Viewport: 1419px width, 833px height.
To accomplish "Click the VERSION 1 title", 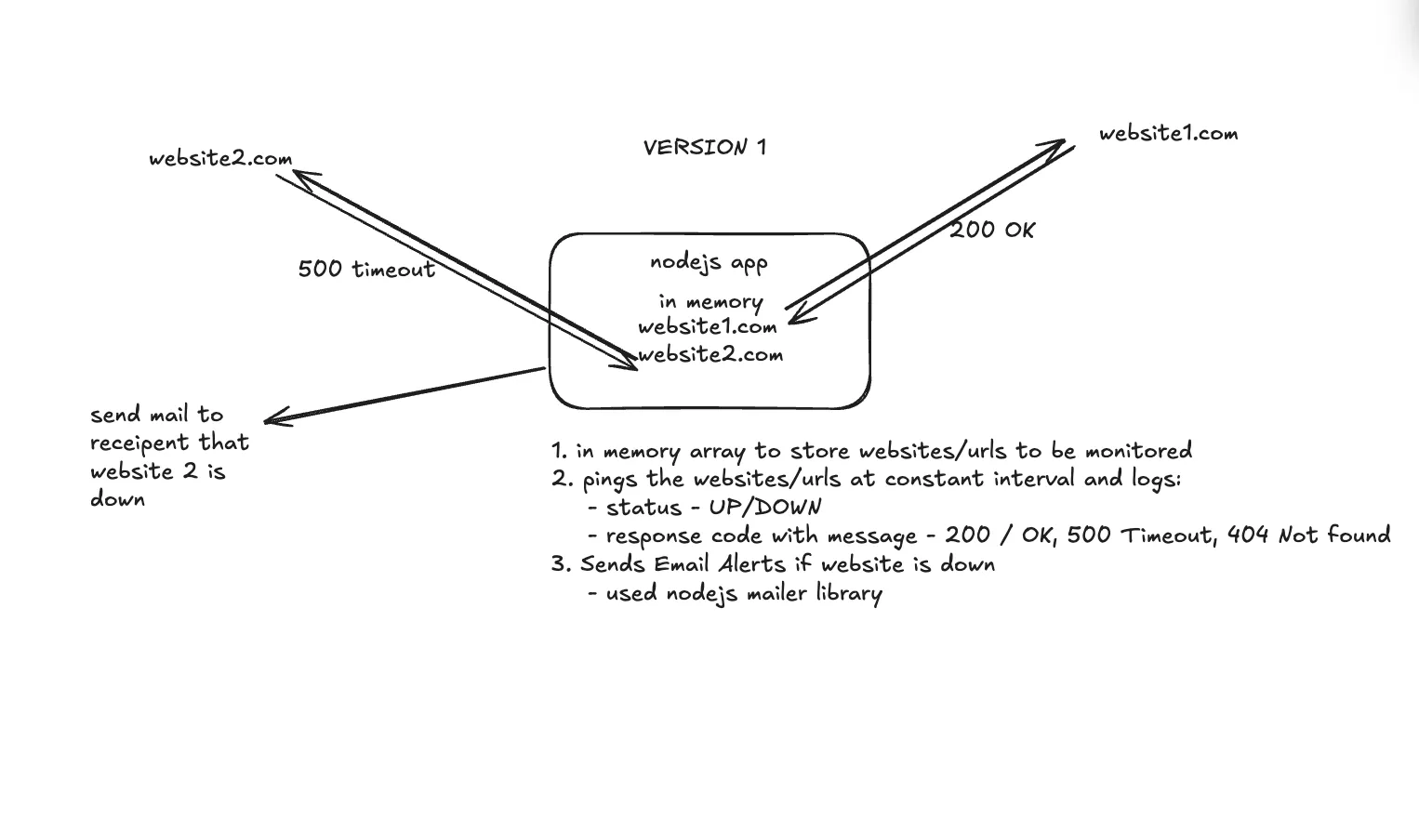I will point(704,147).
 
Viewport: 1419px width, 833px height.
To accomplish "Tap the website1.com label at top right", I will point(1168,133).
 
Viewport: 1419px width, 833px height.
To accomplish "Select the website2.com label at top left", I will point(220,158).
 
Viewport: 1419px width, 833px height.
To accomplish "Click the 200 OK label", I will point(991,230).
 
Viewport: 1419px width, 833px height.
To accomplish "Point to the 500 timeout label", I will point(366,269).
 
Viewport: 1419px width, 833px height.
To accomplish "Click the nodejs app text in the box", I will point(709,262).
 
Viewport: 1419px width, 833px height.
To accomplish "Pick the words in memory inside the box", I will point(710,301).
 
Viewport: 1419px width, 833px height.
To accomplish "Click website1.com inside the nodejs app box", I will point(707,326).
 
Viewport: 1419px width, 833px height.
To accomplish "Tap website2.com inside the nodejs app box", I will point(710,354).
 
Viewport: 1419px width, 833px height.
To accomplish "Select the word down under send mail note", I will point(117,499).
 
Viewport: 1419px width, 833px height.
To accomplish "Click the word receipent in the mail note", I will point(139,443).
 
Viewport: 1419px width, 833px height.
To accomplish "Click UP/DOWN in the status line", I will point(764,508).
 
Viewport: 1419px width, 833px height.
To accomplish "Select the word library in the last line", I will point(849,593).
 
